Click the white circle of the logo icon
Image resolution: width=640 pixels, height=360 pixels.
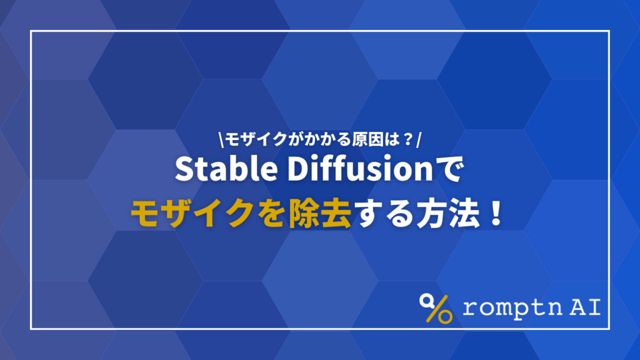(427, 301)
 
